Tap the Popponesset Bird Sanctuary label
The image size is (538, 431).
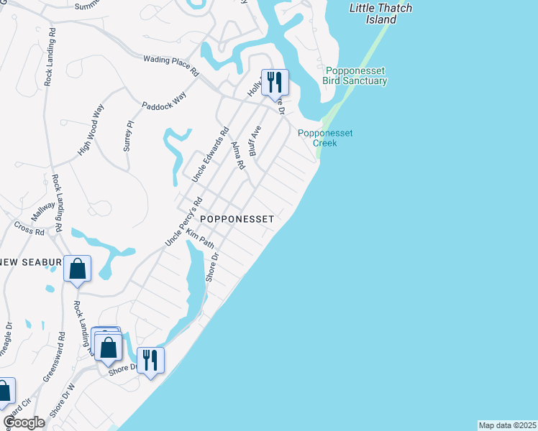(356, 75)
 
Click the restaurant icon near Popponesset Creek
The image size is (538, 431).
(274, 83)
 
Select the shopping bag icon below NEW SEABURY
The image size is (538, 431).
(77, 269)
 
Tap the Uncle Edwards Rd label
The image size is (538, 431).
(210, 154)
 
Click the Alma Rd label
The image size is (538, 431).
(239, 154)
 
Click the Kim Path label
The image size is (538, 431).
(199, 239)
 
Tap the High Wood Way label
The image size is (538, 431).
(91, 130)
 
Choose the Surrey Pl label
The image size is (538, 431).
(129, 134)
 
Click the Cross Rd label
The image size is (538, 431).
(29, 228)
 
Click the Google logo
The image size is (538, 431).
(24, 422)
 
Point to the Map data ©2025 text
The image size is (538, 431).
(507, 425)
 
